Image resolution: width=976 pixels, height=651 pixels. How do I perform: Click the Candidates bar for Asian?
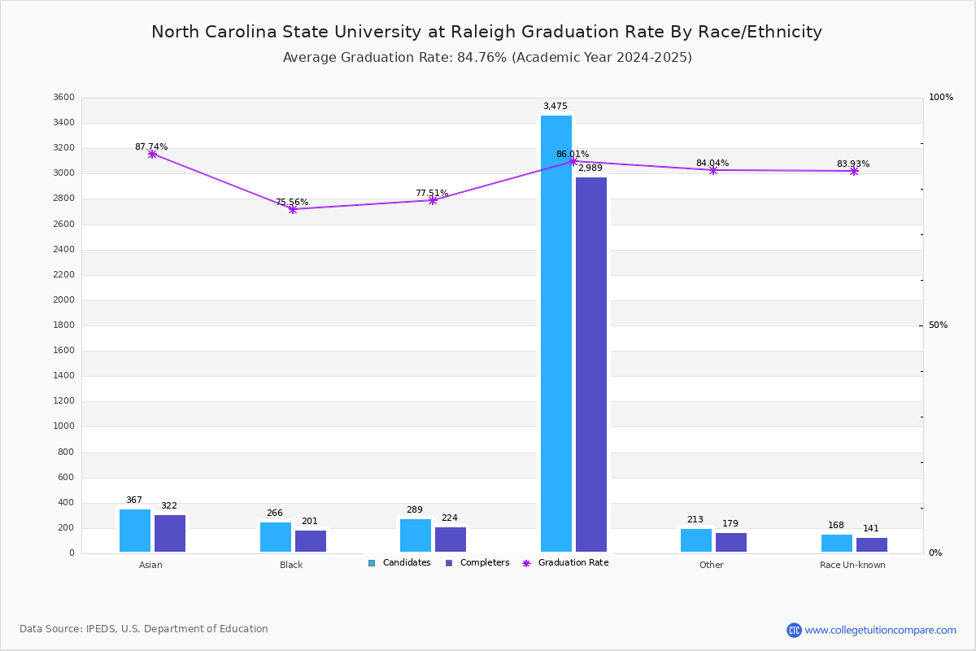[x=135, y=531]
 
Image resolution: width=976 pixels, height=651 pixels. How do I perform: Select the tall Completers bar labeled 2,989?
[x=591, y=365]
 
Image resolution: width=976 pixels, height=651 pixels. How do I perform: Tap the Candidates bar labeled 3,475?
[x=556, y=334]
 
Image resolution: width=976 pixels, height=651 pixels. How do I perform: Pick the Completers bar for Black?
[x=311, y=541]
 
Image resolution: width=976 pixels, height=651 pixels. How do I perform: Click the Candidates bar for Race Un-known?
[x=837, y=543]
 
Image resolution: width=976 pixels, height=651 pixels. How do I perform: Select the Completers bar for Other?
[x=731, y=542]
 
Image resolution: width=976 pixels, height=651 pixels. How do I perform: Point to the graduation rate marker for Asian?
[x=152, y=154]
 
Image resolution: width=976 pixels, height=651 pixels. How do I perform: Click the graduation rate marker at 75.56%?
[x=293, y=209]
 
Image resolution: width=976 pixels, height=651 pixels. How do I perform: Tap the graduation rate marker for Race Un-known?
[x=854, y=171]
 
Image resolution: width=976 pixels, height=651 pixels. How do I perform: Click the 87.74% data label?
[x=151, y=147]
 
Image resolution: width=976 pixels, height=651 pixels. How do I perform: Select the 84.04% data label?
[x=712, y=163]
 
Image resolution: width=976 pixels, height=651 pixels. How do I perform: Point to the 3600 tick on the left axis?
[x=63, y=98]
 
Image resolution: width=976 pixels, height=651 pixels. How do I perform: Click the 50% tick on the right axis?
[x=938, y=325]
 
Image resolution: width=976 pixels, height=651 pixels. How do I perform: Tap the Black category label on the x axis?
[x=291, y=565]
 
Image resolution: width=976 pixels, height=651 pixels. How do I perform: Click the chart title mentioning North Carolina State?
[x=486, y=32]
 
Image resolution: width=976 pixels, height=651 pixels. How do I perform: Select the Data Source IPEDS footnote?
[x=144, y=629]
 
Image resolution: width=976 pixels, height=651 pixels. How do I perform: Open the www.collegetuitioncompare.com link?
[x=880, y=630]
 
